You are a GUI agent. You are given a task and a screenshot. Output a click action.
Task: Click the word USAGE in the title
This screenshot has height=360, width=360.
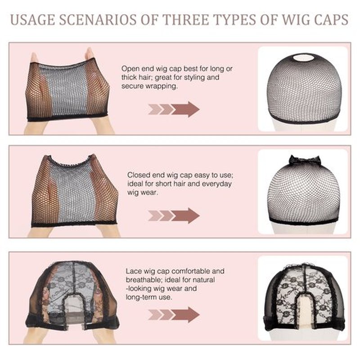coord(33,19)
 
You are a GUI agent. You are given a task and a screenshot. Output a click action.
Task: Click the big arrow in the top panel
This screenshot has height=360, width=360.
coord(185,109)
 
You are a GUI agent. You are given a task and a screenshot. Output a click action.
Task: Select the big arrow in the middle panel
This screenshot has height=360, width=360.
coord(185,216)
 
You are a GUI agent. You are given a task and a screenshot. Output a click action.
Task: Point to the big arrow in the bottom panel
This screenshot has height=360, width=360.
coord(185,315)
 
